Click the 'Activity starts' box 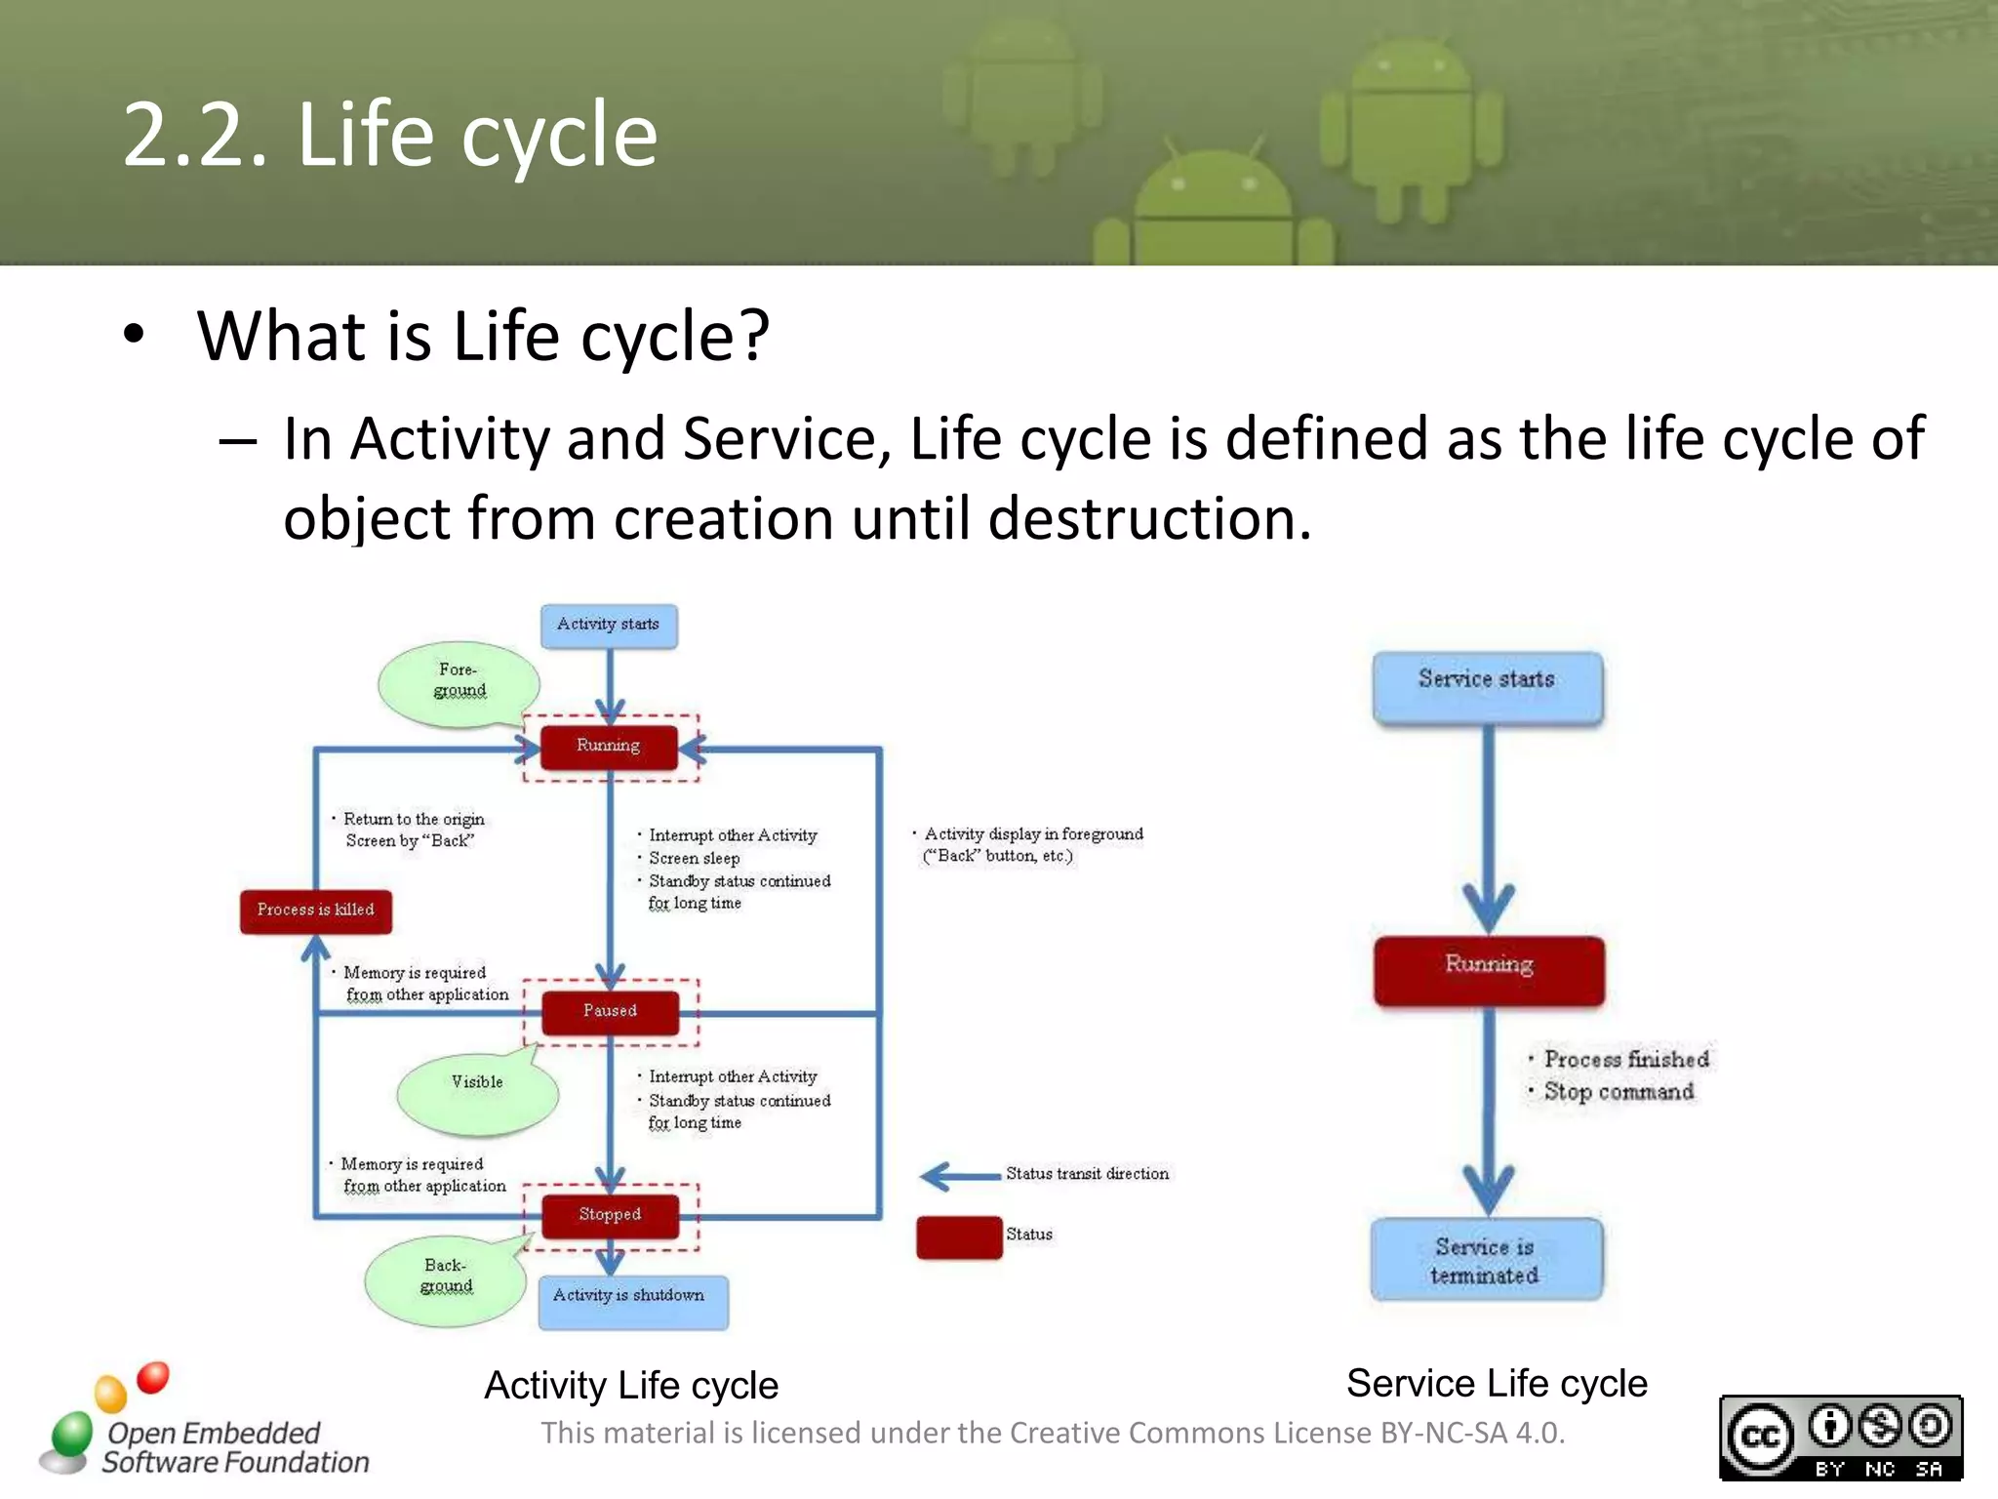pos(609,626)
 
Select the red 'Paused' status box pos(610,1012)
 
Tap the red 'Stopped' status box pos(610,1215)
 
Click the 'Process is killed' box pos(315,911)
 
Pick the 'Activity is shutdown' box pos(632,1301)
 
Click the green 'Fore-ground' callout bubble pos(458,684)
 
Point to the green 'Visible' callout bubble pos(477,1089)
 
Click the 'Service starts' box pos(1487,686)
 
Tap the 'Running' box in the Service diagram pos(1489,970)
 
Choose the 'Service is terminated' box pos(1486,1260)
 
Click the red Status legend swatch pos(959,1236)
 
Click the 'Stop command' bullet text pos(1618,1092)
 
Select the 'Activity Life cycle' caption pos(631,1386)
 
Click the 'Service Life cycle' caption pos(1497,1383)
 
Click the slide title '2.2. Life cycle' pos(390,135)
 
